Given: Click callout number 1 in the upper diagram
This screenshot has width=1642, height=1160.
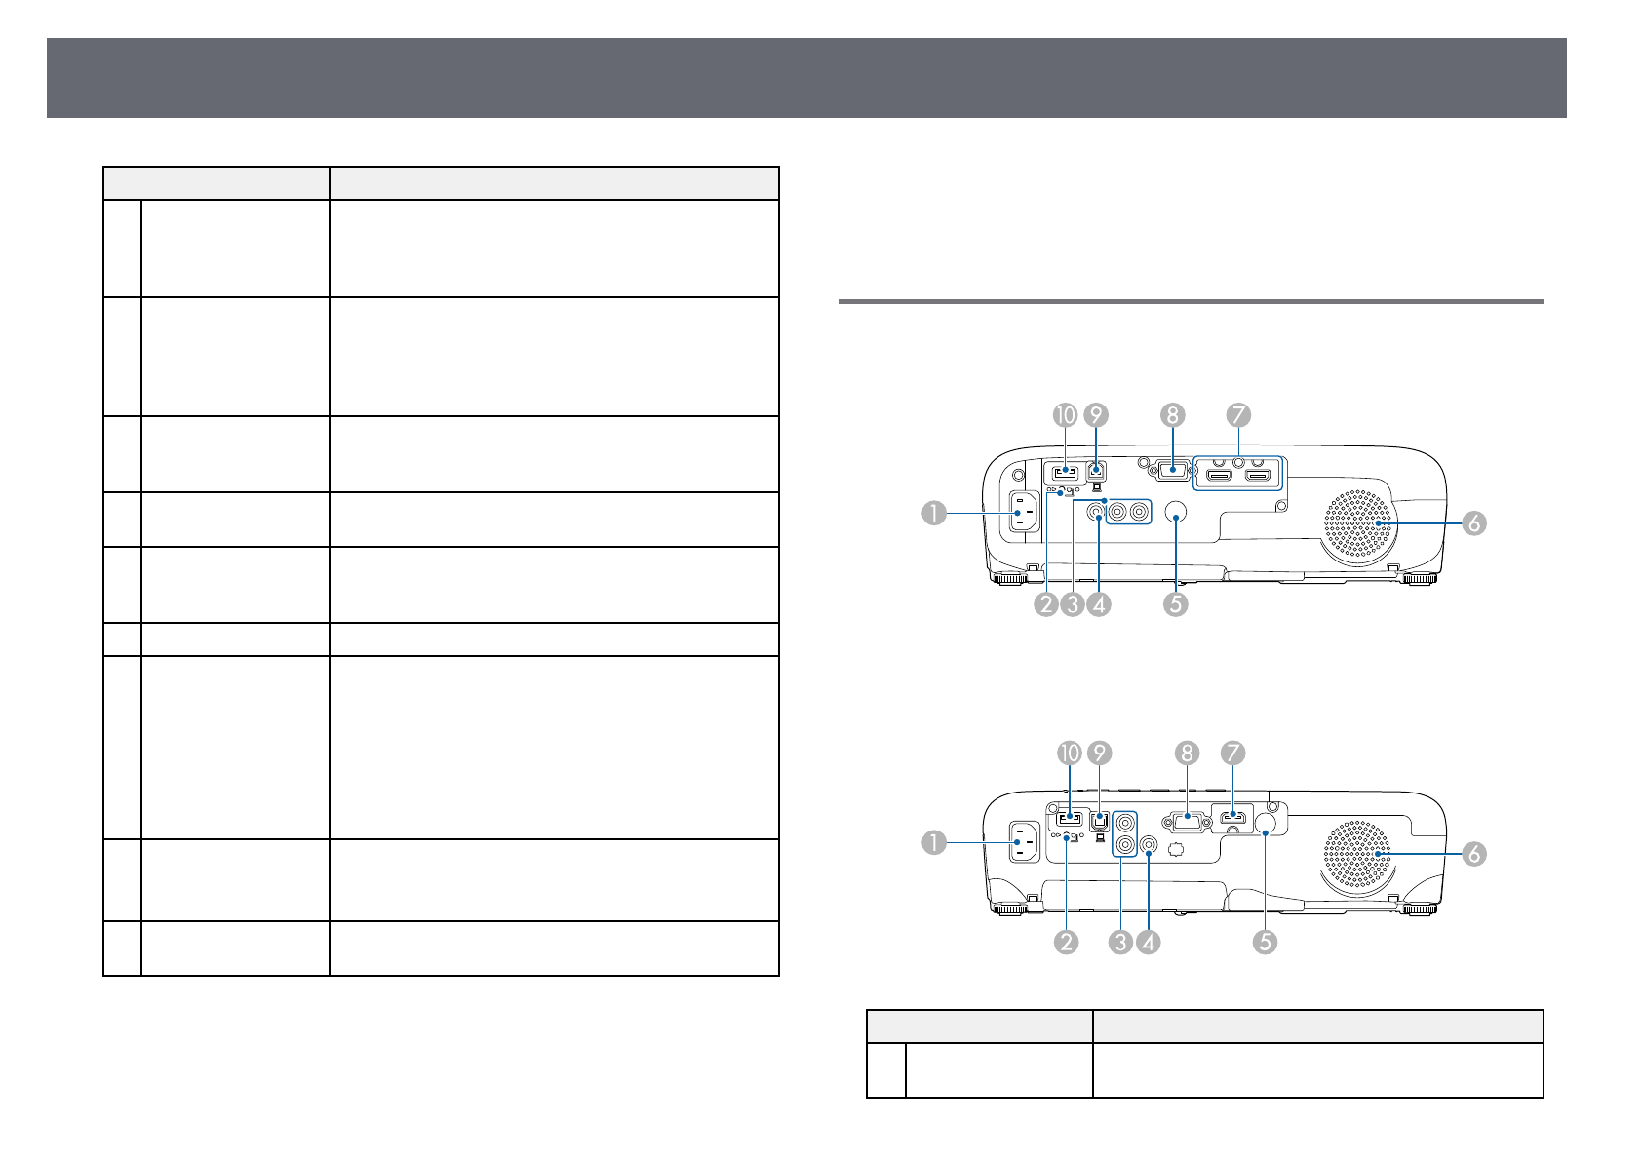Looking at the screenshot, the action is pyautogui.click(x=934, y=513).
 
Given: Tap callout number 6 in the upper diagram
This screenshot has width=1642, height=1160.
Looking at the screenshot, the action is pyautogui.click(x=1473, y=523).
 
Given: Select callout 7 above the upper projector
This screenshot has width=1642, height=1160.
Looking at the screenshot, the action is pyautogui.click(x=1238, y=415).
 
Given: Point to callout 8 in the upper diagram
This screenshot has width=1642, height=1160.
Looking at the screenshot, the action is pyautogui.click(x=1172, y=415).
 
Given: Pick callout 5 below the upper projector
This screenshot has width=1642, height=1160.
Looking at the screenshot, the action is pyautogui.click(x=1175, y=604).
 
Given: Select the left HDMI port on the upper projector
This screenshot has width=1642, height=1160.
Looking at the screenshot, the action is pyautogui.click(x=1219, y=476).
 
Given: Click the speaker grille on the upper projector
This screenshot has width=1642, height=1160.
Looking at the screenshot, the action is pyautogui.click(x=1356, y=525).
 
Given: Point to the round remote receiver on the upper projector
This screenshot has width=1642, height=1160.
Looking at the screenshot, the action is pyautogui.click(x=1175, y=513).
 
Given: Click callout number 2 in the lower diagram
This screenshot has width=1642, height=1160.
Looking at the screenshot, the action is pyautogui.click(x=1067, y=942).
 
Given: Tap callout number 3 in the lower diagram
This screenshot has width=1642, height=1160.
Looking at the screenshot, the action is pyautogui.click(x=1121, y=942).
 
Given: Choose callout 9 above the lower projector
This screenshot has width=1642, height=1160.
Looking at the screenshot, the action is pyautogui.click(x=1100, y=753).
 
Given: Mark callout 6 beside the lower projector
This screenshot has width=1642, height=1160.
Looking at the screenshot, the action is pyautogui.click(x=1473, y=854).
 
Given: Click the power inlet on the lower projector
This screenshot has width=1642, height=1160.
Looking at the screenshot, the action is pyautogui.click(x=1022, y=841).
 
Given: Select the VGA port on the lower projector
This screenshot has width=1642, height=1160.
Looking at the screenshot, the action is pyautogui.click(x=1187, y=821).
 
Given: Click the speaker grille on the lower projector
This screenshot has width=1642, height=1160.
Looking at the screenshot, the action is pyautogui.click(x=1356, y=855).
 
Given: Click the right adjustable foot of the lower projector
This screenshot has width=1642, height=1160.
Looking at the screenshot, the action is pyautogui.click(x=1418, y=909).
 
